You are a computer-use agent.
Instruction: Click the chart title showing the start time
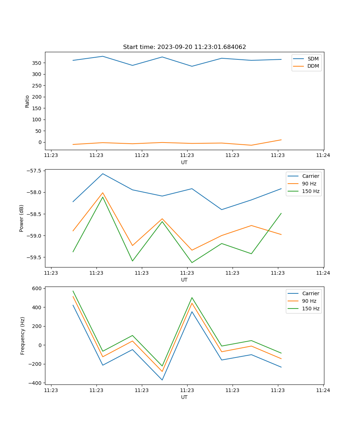click(184, 47)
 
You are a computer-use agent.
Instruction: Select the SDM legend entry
click(313, 59)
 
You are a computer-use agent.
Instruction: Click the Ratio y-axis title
click(27, 101)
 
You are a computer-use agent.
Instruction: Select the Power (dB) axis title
click(22, 218)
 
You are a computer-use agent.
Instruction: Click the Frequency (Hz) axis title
click(23, 336)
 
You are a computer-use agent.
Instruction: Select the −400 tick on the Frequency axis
click(36, 383)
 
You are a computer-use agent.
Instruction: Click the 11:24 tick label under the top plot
click(323, 156)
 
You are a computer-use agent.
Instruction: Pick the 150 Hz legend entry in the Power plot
click(311, 191)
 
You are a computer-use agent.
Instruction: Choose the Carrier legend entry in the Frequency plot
click(310, 293)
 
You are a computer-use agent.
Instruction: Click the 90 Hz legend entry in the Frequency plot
click(309, 301)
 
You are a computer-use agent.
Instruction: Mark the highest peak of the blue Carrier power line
click(103, 174)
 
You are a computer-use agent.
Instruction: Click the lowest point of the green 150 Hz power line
click(192, 262)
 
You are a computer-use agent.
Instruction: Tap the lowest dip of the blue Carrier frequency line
click(162, 380)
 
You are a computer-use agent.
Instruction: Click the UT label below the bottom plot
click(184, 397)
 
